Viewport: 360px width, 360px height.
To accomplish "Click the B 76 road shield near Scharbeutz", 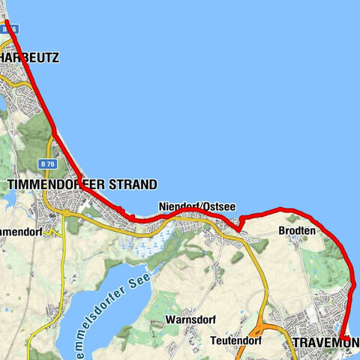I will [9, 28].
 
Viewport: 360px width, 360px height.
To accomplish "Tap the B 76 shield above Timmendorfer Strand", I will [48, 163].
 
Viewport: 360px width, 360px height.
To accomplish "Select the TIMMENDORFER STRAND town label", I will [82, 184].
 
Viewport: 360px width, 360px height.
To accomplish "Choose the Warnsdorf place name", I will [190, 319].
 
